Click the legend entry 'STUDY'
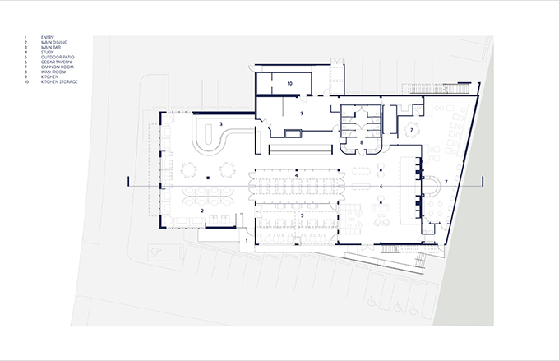[46, 52]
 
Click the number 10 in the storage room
[289, 84]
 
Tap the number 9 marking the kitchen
[303, 113]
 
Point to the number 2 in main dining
[202, 210]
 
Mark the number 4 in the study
[295, 175]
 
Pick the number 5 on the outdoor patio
[303, 215]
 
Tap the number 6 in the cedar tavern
[381, 187]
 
